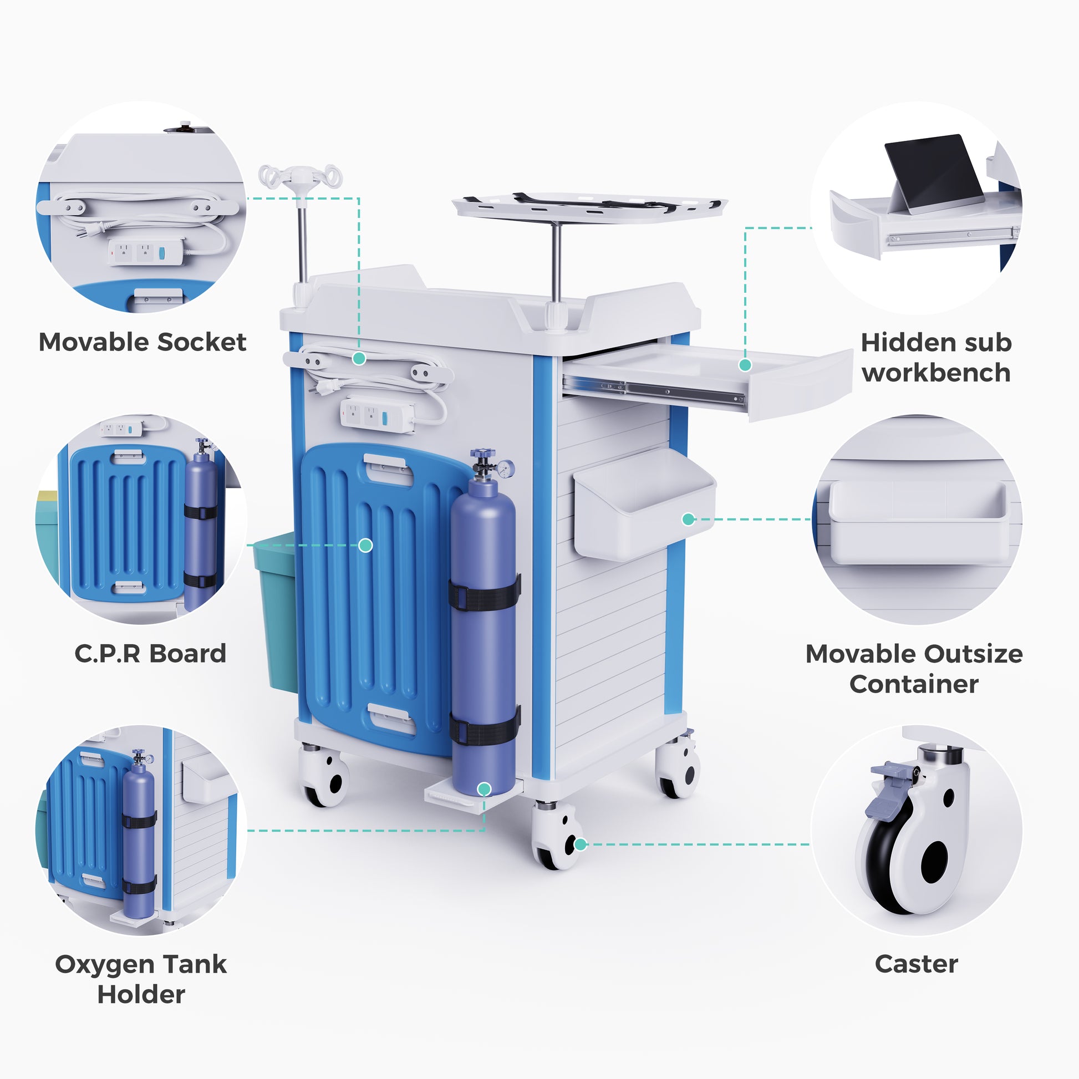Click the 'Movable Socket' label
point(142,342)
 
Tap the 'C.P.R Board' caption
point(150,653)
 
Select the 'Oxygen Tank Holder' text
point(141,979)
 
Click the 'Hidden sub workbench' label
point(936,358)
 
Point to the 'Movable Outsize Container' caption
point(914,669)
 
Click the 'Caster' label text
point(916,964)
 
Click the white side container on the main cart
point(645,504)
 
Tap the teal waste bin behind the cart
point(276,612)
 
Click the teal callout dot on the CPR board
point(365,545)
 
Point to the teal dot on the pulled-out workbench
point(745,365)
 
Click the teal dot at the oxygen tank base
point(484,788)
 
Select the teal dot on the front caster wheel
point(581,844)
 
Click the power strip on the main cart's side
point(377,415)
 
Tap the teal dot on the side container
point(689,519)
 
